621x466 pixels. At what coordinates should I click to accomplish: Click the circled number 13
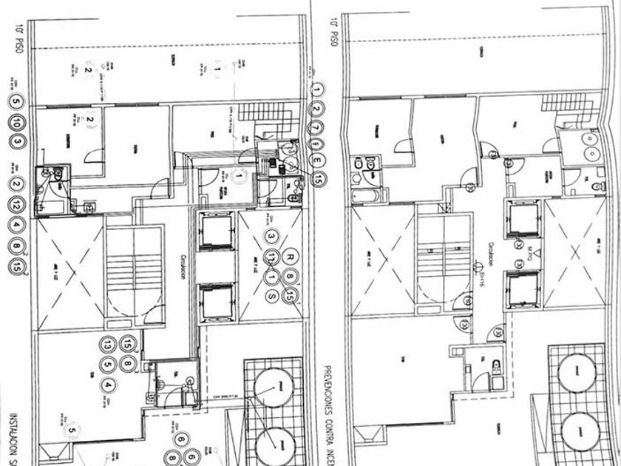click(109, 345)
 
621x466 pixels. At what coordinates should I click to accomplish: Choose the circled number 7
click(318, 126)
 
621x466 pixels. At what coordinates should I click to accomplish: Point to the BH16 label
click(485, 279)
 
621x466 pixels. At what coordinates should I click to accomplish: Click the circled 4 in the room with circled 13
click(109, 385)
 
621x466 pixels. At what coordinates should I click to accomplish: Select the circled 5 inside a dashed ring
click(72, 430)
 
